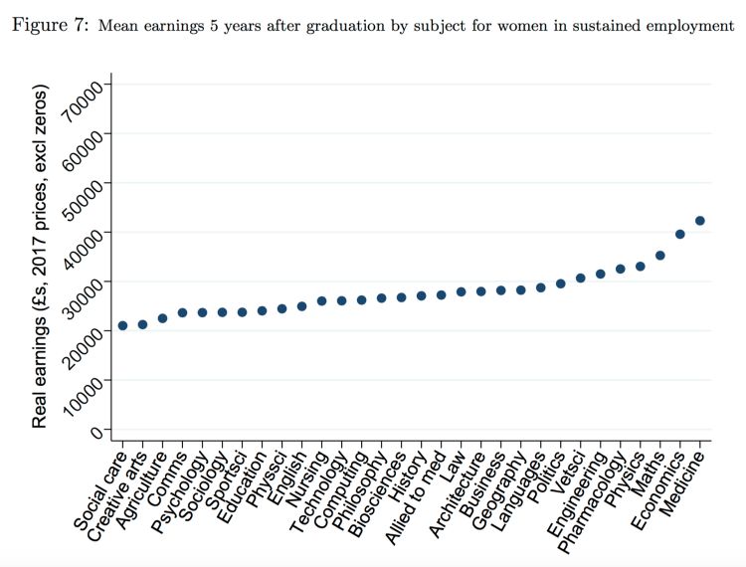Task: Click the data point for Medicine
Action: point(699,221)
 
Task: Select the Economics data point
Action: point(680,234)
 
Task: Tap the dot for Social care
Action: point(122,325)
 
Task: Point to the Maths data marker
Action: point(659,256)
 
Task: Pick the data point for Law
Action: point(461,291)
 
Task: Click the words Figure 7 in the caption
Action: point(49,25)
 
